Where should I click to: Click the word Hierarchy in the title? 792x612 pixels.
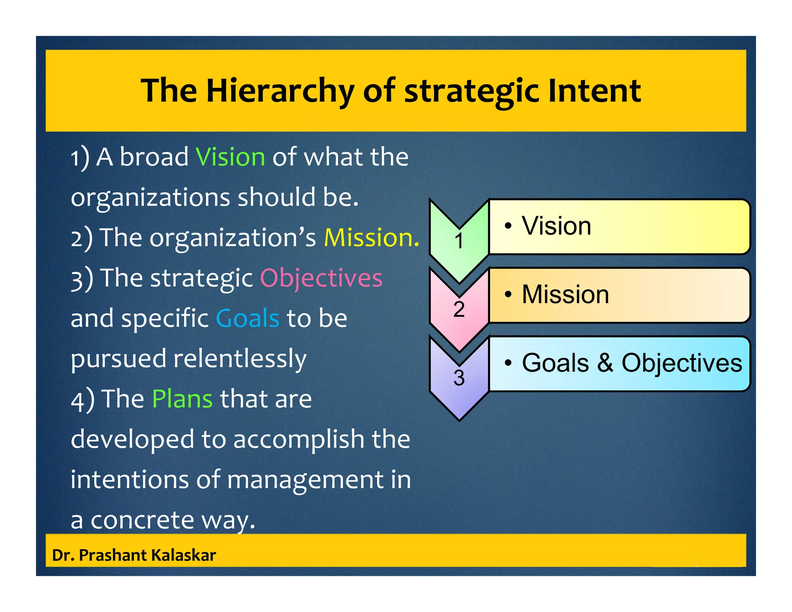[280, 91]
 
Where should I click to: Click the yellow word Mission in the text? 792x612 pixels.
[370, 238]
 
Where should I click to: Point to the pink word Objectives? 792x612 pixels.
[321, 278]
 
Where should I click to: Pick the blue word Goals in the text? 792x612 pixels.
[247, 318]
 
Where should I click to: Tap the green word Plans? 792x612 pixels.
[182, 399]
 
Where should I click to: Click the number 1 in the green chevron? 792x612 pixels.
[459, 241]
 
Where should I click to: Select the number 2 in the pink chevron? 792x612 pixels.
[459, 309]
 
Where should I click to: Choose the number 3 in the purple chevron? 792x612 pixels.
[459, 378]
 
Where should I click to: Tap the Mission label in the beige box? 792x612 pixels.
[565, 294]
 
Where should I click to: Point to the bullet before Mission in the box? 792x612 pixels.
[508, 295]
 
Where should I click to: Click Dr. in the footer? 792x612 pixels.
[63, 555]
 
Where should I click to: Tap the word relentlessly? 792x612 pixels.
[240, 359]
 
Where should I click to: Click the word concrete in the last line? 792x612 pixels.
[142, 520]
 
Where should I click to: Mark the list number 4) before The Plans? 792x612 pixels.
[82, 400]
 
